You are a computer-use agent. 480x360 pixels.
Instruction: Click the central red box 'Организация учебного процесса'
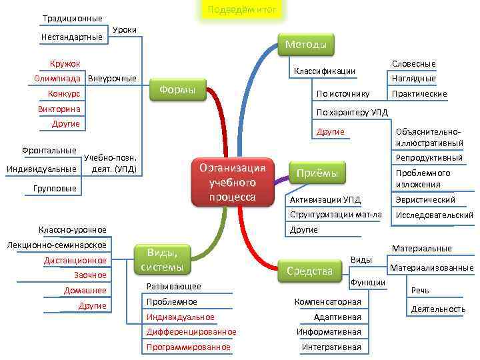233,181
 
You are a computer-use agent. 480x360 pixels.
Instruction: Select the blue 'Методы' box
305,45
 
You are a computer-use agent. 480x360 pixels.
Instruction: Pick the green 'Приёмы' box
317,173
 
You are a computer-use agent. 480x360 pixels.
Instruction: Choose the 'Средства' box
309,271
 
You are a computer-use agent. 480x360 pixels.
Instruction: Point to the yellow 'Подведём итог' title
241,9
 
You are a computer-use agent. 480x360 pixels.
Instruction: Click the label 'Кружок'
65,63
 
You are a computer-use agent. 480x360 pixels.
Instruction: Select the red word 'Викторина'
59,109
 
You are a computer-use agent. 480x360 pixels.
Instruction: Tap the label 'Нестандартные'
72,37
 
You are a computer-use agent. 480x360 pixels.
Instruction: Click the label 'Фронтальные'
49,151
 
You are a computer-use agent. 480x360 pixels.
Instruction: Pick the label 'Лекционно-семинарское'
57,245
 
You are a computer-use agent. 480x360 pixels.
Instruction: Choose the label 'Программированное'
189,347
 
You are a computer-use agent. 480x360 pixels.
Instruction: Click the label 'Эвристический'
425,200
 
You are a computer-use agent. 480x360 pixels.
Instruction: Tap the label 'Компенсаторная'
328,302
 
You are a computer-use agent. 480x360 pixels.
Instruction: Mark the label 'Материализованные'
431,268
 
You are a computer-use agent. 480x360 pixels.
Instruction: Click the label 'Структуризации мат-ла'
336,215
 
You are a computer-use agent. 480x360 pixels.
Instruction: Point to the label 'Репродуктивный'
429,158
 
